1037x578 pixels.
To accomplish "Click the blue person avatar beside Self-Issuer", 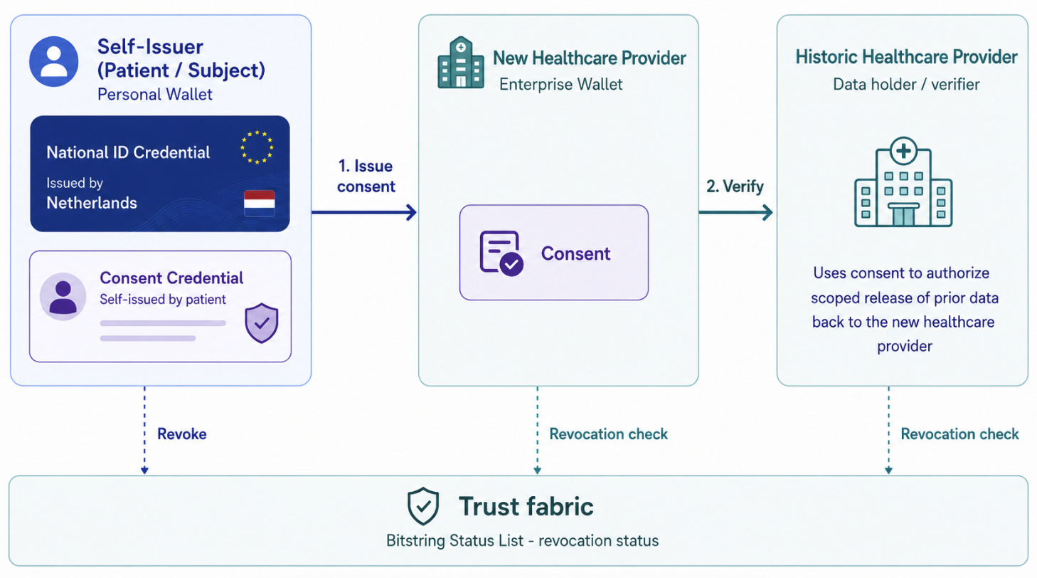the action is point(54,62).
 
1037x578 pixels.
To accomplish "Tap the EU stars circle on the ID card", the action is point(257,147).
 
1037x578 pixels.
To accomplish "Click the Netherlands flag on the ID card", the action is point(259,204).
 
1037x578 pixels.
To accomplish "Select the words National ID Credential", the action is point(128,152).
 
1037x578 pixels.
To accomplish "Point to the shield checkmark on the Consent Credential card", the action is point(262,323).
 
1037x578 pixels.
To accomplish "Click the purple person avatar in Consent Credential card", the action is point(63,296).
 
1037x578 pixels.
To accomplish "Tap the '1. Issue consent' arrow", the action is point(364,213).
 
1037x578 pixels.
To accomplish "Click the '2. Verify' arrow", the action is point(735,213).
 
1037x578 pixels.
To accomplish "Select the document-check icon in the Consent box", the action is point(501,253).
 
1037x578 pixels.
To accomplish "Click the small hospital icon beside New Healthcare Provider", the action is point(461,63).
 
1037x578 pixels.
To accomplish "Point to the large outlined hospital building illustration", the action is point(903,182).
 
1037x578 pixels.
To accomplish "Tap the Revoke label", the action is point(182,434).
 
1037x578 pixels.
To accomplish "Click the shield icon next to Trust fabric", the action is point(423,506).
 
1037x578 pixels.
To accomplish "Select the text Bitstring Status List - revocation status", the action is point(523,540).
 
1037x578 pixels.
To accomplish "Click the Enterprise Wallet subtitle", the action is point(560,84).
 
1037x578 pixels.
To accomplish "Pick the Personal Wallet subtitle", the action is point(154,95).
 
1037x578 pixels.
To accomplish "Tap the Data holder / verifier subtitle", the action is point(906,84).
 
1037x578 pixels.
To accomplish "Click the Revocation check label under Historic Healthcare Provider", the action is point(959,434).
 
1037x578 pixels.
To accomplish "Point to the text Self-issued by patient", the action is point(162,299).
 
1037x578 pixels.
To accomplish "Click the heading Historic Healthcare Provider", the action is point(906,57).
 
